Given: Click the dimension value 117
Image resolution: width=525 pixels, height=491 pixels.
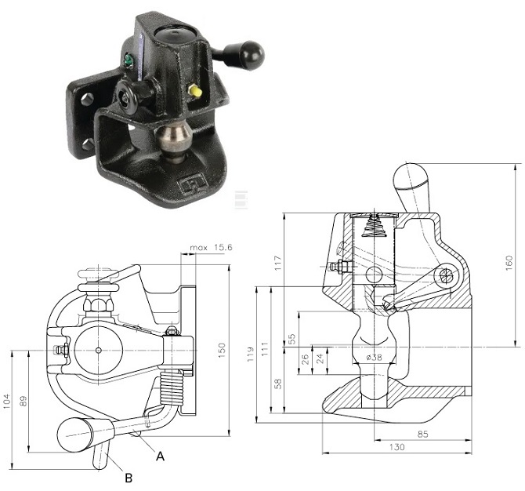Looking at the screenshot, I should [276, 264].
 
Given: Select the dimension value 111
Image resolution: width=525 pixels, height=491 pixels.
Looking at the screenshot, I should [266, 345].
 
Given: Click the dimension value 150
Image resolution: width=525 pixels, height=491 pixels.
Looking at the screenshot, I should [223, 347].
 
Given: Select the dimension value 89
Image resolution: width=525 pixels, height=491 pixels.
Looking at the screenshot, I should [24, 401].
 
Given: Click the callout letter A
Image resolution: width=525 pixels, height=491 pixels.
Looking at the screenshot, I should [161, 455].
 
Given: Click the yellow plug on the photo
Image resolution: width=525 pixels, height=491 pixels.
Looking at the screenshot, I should [195, 92].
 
